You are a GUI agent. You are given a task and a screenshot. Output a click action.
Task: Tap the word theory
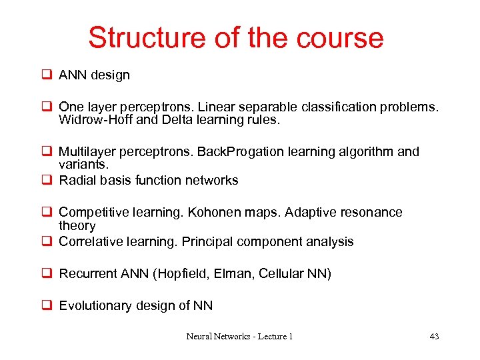[x=77, y=225]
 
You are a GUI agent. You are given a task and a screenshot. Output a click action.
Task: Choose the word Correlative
[x=91, y=241]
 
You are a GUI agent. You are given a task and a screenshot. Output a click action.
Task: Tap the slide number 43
[x=434, y=337]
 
